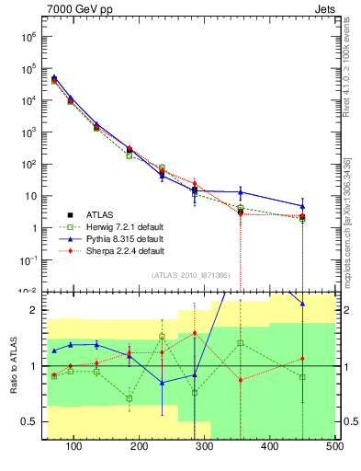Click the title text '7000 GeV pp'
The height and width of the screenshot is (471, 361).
coord(75,10)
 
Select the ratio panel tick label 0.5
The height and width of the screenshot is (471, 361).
coord(29,421)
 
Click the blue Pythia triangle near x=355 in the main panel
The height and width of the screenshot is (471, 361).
coord(241,192)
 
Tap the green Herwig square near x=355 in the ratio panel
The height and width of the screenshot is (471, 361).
coord(241,343)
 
